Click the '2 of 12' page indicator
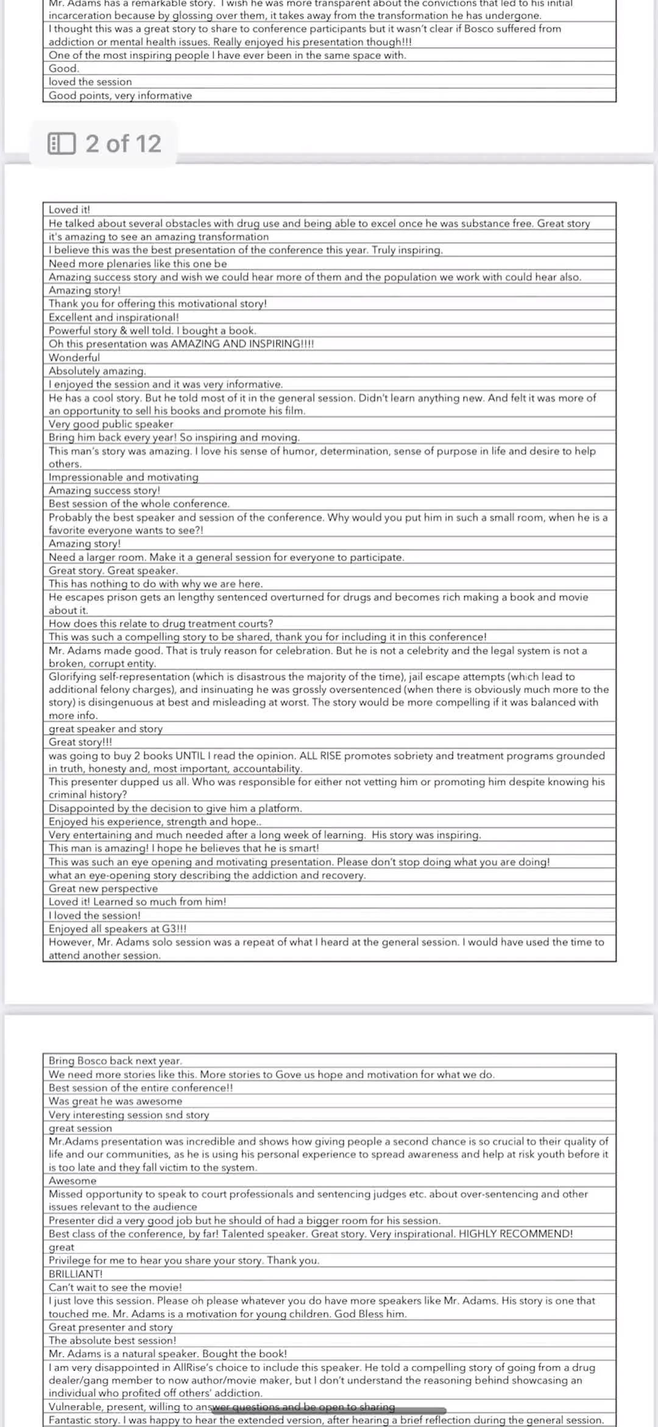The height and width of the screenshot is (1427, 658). click(123, 144)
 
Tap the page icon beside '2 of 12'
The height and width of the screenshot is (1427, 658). click(62, 144)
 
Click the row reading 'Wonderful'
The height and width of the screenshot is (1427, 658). click(74, 357)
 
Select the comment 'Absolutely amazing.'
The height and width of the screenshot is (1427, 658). click(97, 371)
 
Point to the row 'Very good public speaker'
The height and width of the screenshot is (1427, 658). click(111, 424)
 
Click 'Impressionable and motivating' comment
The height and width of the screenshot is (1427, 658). click(124, 477)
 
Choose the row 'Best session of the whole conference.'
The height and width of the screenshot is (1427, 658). click(140, 504)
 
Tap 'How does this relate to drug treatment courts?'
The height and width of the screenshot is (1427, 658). click(161, 623)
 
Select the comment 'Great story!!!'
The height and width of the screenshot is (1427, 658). click(80, 742)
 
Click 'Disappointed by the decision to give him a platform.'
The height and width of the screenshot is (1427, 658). click(175, 808)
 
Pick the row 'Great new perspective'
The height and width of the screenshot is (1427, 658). click(103, 889)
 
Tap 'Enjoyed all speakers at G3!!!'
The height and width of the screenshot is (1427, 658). click(118, 929)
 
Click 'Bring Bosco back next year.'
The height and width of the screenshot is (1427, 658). click(116, 1060)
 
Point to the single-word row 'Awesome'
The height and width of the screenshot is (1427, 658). click(73, 1181)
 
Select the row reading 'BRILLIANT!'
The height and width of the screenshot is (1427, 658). click(76, 1274)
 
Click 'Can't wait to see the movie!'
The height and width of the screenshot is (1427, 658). click(115, 1287)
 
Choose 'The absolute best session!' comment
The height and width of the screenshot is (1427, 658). click(113, 1340)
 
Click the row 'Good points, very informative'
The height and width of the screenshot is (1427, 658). click(120, 95)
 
